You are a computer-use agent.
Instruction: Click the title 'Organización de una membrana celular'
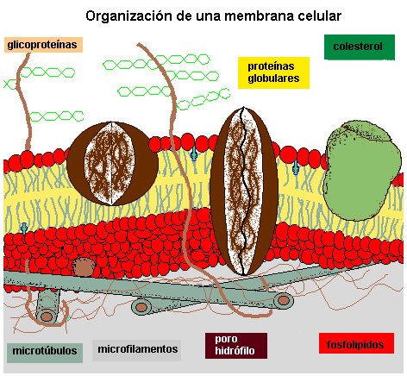point(213,16)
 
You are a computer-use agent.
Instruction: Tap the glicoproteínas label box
point(43,45)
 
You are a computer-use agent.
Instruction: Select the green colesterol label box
point(360,47)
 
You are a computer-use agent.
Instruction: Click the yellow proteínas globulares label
point(273,72)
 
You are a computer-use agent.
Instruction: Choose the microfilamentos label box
point(137,350)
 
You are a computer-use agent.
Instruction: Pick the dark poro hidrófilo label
point(236,346)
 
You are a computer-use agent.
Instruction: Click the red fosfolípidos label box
point(356,343)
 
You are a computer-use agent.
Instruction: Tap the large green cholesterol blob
point(361,170)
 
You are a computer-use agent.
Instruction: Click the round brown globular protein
point(112,163)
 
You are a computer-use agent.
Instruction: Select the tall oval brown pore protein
point(244,191)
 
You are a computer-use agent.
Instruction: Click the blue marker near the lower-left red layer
point(24,228)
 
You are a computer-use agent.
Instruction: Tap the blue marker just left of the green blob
point(296,168)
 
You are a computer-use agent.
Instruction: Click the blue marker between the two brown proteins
point(194,154)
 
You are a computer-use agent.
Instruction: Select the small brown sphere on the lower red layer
point(84,267)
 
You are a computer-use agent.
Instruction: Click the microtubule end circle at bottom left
point(47,316)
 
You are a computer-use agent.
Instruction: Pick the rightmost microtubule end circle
point(284,300)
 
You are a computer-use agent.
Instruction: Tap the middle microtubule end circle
point(141,307)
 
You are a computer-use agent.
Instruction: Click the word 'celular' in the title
point(320,16)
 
